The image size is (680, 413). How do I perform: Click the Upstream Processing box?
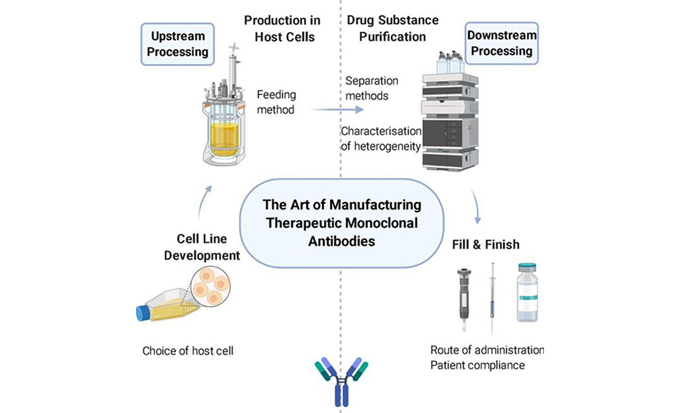point(176,44)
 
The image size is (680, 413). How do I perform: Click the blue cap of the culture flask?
point(143,313)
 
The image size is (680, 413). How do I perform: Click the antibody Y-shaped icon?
point(341,382)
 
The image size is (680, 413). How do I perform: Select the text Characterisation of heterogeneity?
point(381,139)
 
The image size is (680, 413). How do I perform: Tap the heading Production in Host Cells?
point(279,28)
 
